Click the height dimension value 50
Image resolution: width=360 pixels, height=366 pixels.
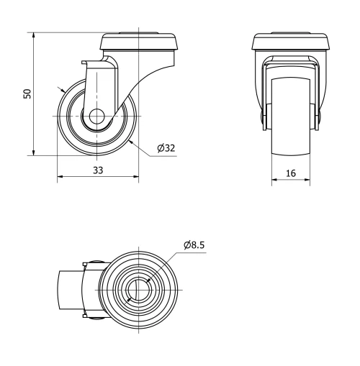pyautogui.click(x=27, y=93)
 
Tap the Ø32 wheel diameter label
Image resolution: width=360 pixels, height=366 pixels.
pyautogui.click(x=166, y=149)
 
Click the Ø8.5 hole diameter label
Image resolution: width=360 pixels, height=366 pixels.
pyautogui.click(x=195, y=244)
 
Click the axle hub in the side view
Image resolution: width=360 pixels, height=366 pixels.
pyautogui.click(x=96, y=116)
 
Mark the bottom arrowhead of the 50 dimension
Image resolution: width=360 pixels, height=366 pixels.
pyautogui.click(x=34, y=152)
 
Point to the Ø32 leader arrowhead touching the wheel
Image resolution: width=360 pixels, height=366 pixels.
pyautogui.click(x=130, y=140)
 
